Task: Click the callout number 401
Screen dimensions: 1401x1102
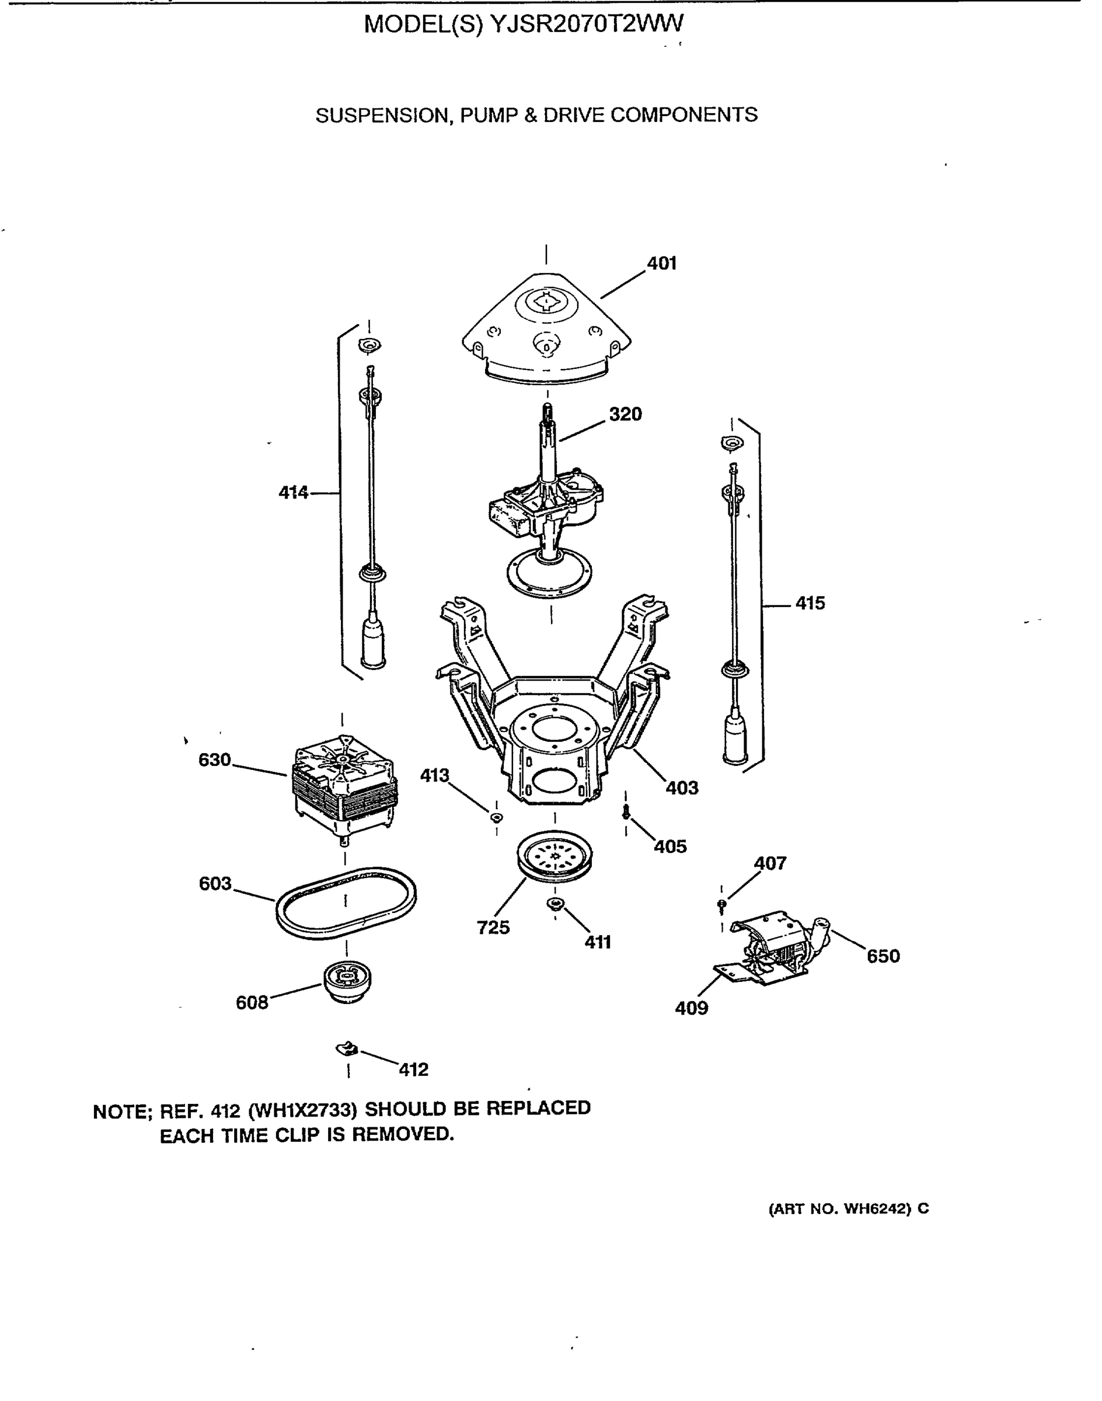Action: [x=661, y=263]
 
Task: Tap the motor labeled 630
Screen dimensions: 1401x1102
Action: [x=344, y=784]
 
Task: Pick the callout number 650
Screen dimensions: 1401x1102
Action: [x=883, y=956]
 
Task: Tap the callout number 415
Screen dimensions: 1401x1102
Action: [x=810, y=604]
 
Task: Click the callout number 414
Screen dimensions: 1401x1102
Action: [x=294, y=493]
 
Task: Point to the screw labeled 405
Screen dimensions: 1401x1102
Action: [x=625, y=813]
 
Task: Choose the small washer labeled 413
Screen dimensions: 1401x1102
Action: [x=496, y=818]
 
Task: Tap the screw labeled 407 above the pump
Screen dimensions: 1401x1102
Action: [x=721, y=905]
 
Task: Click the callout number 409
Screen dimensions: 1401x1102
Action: [x=691, y=1008]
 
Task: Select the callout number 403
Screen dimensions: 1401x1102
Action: [x=682, y=788]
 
